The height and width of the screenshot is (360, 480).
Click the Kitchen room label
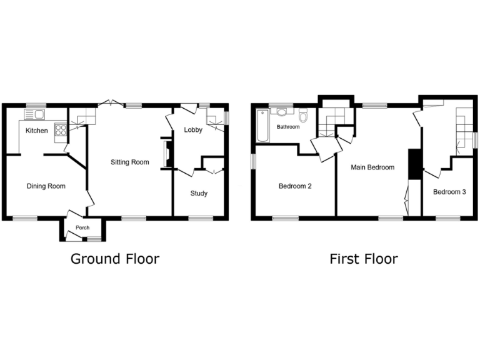36,131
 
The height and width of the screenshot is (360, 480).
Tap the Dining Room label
46,186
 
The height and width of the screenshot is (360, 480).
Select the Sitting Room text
129,162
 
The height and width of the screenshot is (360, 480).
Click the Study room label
199,193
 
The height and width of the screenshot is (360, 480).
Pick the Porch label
82,227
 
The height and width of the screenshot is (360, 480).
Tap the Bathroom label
289,127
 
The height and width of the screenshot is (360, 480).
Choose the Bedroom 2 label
295,186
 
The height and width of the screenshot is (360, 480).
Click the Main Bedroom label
372,167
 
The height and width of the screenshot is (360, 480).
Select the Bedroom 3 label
449,192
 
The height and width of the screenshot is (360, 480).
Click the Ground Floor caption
114,259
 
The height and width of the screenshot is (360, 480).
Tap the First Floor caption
364,259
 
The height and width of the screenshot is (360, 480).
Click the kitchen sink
33,114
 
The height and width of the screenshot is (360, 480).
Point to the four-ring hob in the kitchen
62,130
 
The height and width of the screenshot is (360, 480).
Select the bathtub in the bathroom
262,125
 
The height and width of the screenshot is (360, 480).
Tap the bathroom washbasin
282,112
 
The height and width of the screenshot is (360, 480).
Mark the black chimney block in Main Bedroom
413,164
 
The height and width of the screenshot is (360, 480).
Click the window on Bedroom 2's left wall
254,161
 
